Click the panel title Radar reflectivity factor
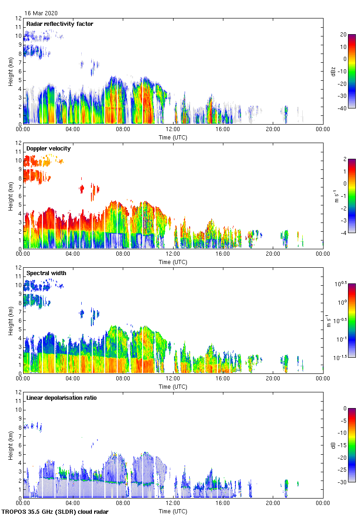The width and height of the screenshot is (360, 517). (60, 24)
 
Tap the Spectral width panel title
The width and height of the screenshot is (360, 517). (46, 273)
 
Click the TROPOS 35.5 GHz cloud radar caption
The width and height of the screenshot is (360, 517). (55, 512)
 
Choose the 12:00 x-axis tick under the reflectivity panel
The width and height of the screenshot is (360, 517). (173, 130)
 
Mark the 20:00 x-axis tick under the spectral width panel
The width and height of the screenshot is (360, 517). (273, 379)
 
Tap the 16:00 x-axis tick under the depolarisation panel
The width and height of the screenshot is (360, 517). (223, 504)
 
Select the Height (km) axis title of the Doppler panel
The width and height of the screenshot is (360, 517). (11, 196)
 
